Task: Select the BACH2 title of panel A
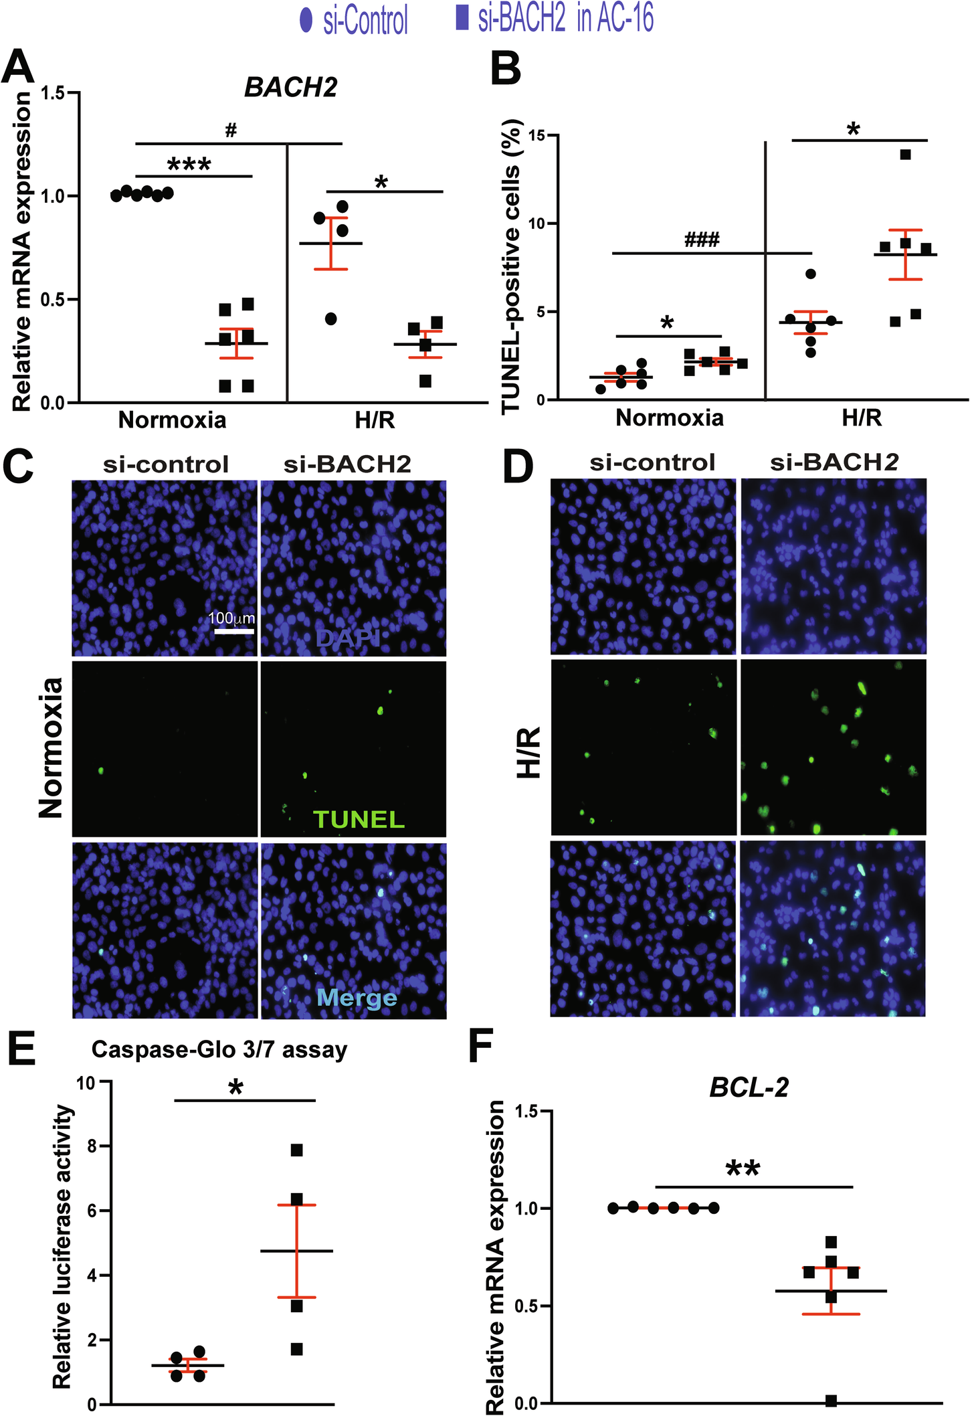point(290,88)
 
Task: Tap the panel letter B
point(506,69)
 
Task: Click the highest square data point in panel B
point(906,155)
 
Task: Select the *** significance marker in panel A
point(189,165)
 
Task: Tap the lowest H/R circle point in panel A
point(331,319)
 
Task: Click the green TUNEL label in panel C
point(359,819)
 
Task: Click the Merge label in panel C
point(357,998)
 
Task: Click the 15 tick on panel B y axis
point(534,136)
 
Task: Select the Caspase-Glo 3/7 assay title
point(219,1049)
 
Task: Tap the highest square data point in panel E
point(297,1150)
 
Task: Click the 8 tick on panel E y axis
point(92,1147)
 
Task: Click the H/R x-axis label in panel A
point(375,420)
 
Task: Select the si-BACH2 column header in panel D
point(834,462)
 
